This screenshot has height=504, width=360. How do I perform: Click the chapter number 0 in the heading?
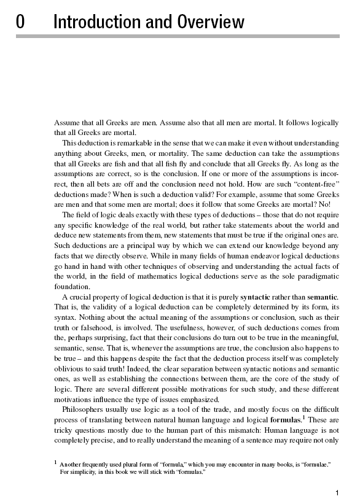pos(20,23)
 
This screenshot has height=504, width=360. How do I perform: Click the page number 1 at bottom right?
pos(337,492)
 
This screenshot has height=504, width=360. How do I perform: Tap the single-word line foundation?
pos(72,285)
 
